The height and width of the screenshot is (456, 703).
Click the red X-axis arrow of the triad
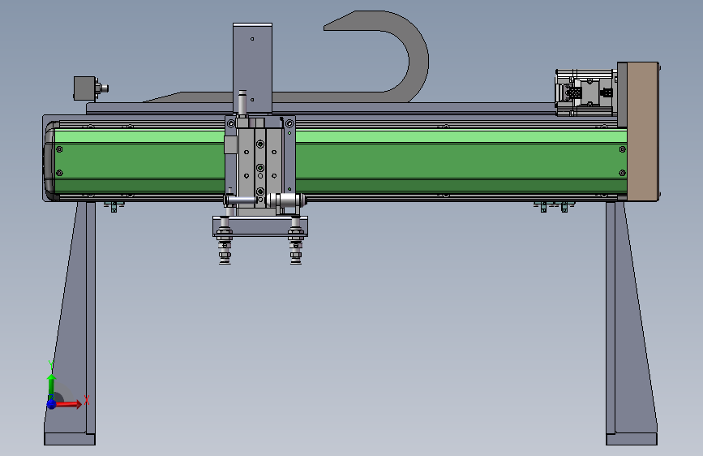(x=67, y=404)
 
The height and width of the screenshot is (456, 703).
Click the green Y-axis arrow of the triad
(x=52, y=385)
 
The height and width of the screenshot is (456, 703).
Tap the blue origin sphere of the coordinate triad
(x=52, y=404)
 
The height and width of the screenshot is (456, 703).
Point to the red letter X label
(x=87, y=399)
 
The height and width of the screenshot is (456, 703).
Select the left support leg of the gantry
(x=71, y=323)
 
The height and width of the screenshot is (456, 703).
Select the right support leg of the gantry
(x=630, y=323)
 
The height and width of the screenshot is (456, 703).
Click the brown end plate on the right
(x=642, y=131)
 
